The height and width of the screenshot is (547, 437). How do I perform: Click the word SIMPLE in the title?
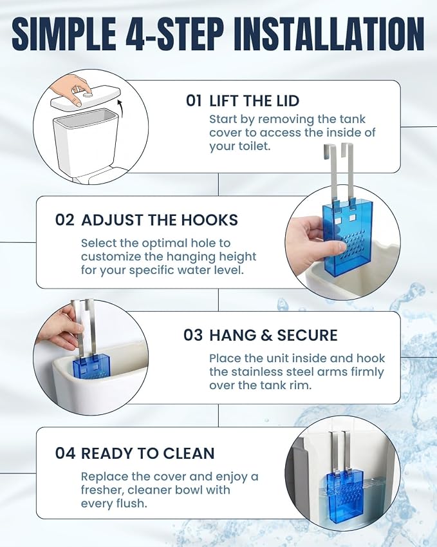(64, 34)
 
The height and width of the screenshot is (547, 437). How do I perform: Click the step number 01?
(194, 101)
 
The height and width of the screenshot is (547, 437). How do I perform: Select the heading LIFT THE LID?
(254, 101)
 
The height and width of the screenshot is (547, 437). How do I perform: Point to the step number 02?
(65, 220)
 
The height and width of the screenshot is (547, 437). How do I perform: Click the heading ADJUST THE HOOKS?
(160, 220)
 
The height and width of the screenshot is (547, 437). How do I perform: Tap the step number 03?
(193, 335)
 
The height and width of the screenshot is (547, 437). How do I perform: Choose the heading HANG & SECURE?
(274, 335)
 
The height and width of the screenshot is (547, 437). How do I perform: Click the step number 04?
(65, 453)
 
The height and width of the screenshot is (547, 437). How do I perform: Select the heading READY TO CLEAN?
(148, 453)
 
